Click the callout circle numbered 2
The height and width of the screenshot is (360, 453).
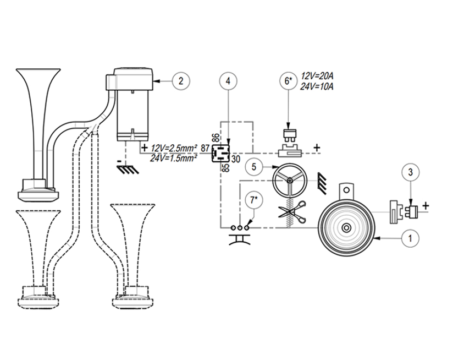[x=181, y=81]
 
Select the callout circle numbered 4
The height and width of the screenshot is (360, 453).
[x=228, y=81]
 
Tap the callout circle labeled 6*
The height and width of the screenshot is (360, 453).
[x=289, y=81]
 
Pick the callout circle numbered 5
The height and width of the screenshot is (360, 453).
[x=254, y=167]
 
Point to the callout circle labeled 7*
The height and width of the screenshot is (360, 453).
[x=253, y=200]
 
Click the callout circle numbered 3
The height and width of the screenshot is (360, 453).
[x=411, y=172]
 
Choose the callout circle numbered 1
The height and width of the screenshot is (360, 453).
[x=410, y=238]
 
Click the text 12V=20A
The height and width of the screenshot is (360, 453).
[x=317, y=77]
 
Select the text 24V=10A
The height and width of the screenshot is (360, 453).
[x=317, y=86]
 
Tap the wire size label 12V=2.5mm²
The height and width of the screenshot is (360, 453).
[x=174, y=149]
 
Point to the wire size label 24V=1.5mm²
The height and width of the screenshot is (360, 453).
[x=174, y=158]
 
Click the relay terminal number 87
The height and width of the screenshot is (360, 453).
[x=205, y=149]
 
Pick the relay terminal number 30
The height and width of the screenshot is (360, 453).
[x=235, y=159]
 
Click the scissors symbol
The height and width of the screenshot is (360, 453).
[x=292, y=213]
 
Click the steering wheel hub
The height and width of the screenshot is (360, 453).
[x=289, y=181]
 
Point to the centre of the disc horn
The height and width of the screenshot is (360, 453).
[x=346, y=228]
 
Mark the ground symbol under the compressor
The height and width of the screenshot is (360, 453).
[x=128, y=170]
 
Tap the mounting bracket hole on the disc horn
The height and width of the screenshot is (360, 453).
[x=346, y=190]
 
